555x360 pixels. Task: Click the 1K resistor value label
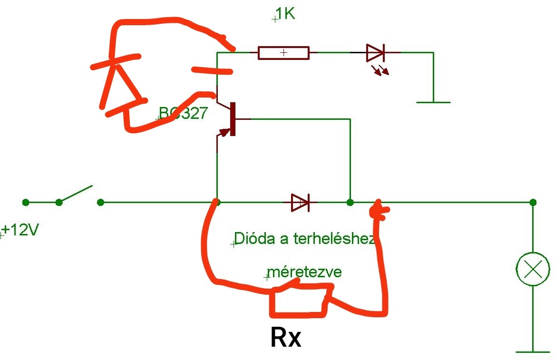coord(285,14)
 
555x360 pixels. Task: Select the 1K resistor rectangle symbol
coord(283,53)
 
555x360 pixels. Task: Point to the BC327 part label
coord(183,113)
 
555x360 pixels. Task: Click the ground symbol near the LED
coord(433,101)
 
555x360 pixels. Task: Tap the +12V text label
coord(20,231)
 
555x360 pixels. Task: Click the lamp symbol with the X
coord(533,269)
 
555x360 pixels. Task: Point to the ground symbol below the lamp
coord(533,351)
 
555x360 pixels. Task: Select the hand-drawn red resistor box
coord(299,301)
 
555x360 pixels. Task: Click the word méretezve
coord(305,272)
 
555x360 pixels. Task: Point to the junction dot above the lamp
coord(533,203)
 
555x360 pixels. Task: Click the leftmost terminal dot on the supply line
coord(26,203)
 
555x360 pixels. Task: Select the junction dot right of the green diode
coord(350,203)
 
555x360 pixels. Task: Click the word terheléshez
coord(334,239)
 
